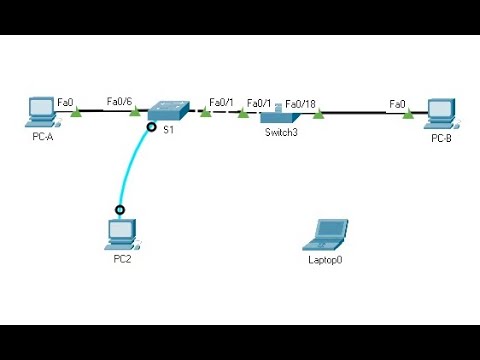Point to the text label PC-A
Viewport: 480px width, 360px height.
(41, 136)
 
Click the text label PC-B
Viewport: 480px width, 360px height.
(441, 137)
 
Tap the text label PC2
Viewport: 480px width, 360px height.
(122, 259)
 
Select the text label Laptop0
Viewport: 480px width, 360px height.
(326, 259)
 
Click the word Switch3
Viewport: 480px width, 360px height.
(281, 132)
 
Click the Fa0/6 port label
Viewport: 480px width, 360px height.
(119, 101)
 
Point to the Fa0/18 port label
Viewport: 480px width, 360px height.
(301, 102)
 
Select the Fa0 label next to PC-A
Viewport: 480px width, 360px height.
(65, 102)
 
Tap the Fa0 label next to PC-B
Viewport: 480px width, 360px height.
(397, 102)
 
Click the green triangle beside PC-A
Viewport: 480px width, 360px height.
(75, 113)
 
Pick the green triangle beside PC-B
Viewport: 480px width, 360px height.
(408, 113)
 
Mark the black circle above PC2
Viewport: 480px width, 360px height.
(120, 210)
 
